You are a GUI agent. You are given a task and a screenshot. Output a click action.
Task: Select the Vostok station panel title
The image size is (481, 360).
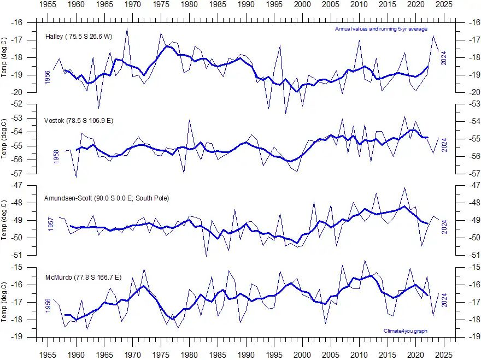click(x=74, y=120)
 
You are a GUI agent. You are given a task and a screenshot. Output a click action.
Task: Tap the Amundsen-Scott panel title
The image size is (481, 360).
click(x=107, y=198)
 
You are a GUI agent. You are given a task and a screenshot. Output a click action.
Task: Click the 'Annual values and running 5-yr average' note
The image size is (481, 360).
click(x=381, y=29)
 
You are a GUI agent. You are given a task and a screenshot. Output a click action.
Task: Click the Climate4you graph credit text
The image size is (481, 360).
click(x=406, y=331)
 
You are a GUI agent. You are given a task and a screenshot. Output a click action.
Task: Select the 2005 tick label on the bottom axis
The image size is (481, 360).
click(x=331, y=353)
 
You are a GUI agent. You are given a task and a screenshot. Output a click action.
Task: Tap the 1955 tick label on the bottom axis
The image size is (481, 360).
click(x=48, y=353)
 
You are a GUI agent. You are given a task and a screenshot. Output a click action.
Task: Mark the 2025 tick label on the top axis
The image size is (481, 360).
click(x=444, y=4)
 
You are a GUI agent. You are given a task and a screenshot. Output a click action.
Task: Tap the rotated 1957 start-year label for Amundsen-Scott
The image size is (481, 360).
click(x=51, y=225)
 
